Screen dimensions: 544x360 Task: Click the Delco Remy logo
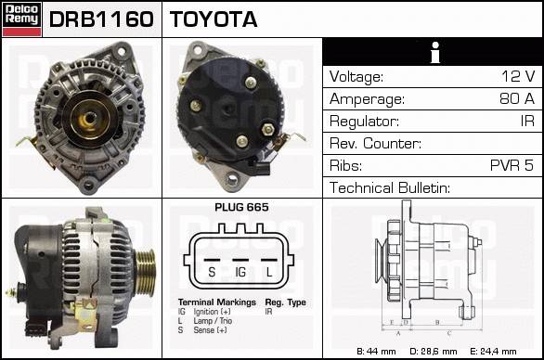pyautogui.click(x=21, y=19)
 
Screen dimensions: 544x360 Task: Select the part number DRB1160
pyautogui.click(x=101, y=19)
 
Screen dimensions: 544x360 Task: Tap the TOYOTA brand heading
pyautogui.click(x=214, y=19)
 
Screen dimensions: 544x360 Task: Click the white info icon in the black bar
pyautogui.click(x=435, y=52)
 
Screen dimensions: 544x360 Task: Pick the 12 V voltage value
pyautogui.click(x=518, y=76)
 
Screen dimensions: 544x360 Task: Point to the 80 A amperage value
pyautogui.click(x=517, y=98)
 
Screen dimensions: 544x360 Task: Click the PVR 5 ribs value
pyautogui.click(x=512, y=165)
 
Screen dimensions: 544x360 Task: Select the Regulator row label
pyautogui.click(x=364, y=122)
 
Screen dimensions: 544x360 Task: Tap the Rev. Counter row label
pyautogui.click(x=375, y=144)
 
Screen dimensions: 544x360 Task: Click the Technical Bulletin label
pyautogui.click(x=390, y=188)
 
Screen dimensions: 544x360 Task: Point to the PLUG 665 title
pyautogui.click(x=241, y=208)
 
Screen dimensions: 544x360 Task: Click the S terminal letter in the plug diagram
pyautogui.click(x=212, y=272)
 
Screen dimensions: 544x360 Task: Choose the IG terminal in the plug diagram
pyautogui.click(x=240, y=272)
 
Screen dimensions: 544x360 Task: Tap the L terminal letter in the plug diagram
pyautogui.click(x=269, y=272)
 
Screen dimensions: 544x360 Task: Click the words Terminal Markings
pyautogui.click(x=217, y=302)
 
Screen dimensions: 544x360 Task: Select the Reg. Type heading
pyautogui.click(x=286, y=302)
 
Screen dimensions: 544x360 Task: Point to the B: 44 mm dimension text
pyautogui.click(x=376, y=352)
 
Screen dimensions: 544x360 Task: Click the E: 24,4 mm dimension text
pyautogui.click(x=493, y=352)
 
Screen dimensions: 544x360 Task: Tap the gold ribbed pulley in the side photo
pyautogui.click(x=146, y=272)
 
